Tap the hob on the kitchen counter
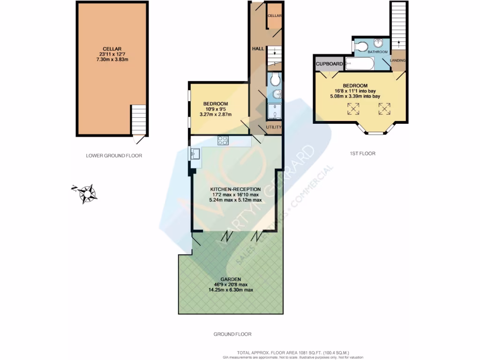coord(222,140)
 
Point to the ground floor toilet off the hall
coord(274,78)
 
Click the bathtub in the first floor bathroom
coord(360,64)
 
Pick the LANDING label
coord(397,60)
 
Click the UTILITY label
coord(273,127)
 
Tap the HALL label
coord(258,49)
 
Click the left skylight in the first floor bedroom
coord(353,109)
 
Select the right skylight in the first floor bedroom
coord(384,109)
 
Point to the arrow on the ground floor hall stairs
coord(274,53)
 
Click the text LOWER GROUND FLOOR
coord(113,156)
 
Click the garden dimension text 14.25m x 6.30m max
coord(231,290)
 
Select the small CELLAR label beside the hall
coord(274,16)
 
